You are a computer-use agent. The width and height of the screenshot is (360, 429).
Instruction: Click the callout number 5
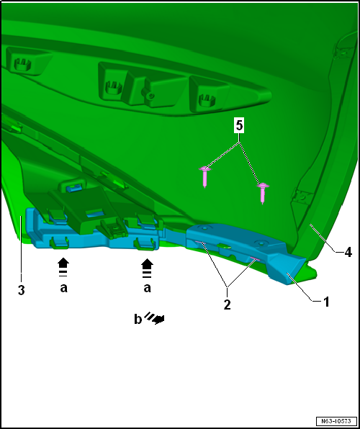[239, 127]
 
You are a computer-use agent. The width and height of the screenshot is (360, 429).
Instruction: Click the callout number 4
[348, 253]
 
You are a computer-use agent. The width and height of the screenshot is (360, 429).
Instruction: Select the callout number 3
[21, 290]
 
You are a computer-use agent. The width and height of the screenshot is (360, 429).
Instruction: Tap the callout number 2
[227, 304]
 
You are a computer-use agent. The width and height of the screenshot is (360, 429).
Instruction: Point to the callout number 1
[325, 302]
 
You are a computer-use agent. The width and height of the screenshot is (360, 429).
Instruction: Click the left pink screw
[204, 176]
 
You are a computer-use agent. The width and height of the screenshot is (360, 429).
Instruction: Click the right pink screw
[263, 193]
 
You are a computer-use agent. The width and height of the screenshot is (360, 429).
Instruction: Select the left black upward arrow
[63, 267]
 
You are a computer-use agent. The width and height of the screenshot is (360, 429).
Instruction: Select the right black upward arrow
[148, 268]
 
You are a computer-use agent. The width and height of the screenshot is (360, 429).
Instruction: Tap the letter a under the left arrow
[64, 288]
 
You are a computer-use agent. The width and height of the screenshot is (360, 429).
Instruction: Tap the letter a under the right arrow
[148, 288]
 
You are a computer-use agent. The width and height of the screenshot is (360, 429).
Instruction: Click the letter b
[138, 320]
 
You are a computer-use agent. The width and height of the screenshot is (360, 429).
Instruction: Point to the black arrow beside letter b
[155, 318]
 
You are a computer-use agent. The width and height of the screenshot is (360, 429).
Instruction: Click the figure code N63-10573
[336, 420]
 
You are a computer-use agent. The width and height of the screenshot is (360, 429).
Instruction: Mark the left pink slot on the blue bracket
[201, 243]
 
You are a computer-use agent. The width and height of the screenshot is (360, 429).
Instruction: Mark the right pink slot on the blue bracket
[254, 259]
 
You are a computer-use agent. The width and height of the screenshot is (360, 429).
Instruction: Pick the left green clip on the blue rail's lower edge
[59, 243]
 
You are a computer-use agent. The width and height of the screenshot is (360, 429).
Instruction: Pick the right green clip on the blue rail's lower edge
[144, 244]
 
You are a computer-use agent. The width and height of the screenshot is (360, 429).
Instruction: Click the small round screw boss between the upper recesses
[150, 96]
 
